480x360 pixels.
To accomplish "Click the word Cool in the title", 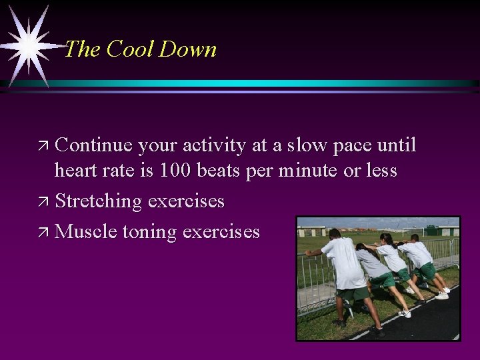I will tap(129, 49).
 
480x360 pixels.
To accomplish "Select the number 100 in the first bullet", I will tap(177, 171).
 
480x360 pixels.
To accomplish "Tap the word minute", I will tap(309, 171).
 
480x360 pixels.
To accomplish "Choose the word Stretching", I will tap(99, 201).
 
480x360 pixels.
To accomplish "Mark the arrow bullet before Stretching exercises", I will tap(44, 201).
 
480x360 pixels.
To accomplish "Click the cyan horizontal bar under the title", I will tap(267, 83).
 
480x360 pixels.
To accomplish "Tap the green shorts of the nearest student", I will tap(353, 293).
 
